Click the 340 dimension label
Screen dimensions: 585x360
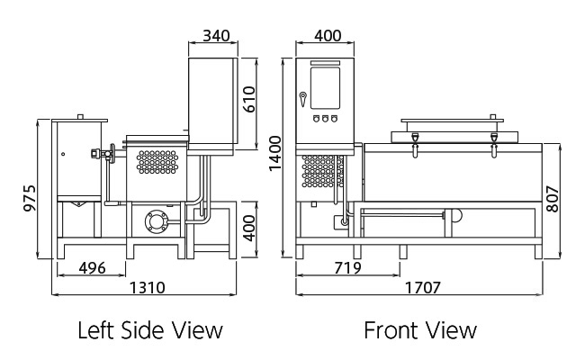(216, 36)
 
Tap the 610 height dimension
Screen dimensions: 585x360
(248, 99)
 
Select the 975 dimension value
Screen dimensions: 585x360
(30, 198)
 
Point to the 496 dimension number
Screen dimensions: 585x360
(92, 268)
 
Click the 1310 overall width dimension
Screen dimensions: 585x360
(147, 288)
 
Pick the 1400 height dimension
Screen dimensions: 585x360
(275, 153)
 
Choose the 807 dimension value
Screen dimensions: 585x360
(553, 199)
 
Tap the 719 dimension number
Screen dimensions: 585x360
(347, 268)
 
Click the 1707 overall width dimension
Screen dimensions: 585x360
(423, 288)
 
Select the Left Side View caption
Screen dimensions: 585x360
(150, 330)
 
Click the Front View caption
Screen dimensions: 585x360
(420, 330)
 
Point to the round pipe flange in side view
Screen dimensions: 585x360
(157, 221)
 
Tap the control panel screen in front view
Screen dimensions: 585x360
(325, 88)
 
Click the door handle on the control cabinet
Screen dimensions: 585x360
(302, 99)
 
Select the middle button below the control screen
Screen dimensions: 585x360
(325, 119)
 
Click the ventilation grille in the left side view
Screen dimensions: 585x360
(157, 162)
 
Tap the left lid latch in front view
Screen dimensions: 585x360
(415, 145)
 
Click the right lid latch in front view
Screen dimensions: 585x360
(494, 145)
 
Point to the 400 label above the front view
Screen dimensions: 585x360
(328, 36)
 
